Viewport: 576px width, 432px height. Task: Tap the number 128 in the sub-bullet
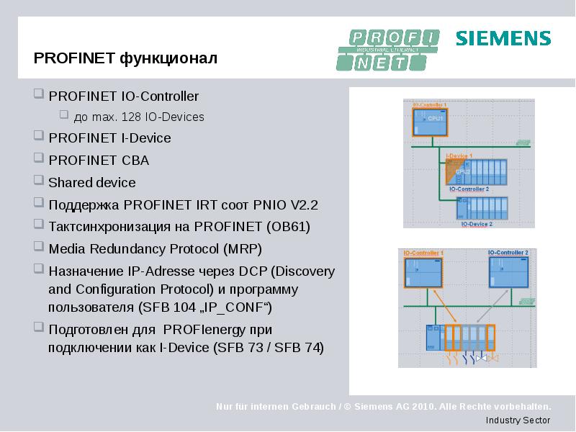(x=132, y=117)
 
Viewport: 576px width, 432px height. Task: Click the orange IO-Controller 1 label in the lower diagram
(x=423, y=253)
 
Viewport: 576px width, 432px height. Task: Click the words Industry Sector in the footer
(x=518, y=420)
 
